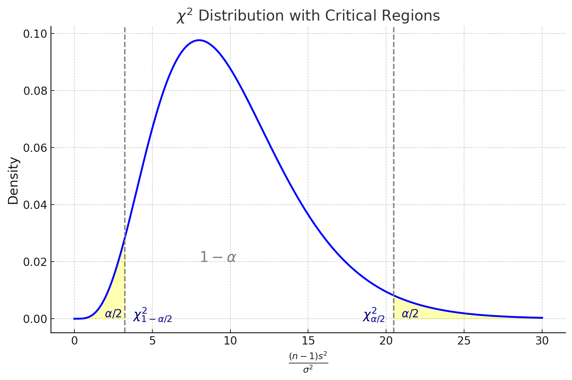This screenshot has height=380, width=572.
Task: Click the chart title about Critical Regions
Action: (x=308, y=16)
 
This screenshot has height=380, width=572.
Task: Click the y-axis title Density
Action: (x=14, y=181)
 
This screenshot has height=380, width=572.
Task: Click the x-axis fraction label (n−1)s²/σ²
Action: (x=308, y=362)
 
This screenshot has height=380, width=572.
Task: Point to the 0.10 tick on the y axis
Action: (x=37, y=34)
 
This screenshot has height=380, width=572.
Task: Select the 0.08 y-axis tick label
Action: (x=37, y=91)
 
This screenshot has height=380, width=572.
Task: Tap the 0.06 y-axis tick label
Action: (x=37, y=148)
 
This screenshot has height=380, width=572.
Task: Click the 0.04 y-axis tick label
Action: (x=37, y=205)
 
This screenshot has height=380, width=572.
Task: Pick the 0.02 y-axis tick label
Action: (x=37, y=262)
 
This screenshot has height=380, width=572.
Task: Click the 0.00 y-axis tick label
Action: (x=37, y=319)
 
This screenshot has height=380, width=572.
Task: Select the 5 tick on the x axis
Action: (x=152, y=341)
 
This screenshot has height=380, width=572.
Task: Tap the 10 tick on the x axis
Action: (x=230, y=341)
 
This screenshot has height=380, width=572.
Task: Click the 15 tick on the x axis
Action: (x=308, y=341)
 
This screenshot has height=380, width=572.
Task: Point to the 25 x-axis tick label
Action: (x=464, y=341)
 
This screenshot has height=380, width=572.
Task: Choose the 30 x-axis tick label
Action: (x=542, y=341)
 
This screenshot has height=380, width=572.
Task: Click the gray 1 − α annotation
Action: (x=218, y=257)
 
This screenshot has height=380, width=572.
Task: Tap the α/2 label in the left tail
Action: (x=113, y=314)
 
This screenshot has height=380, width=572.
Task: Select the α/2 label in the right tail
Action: (x=410, y=313)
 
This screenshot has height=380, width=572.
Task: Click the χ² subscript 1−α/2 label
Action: (x=152, y=315)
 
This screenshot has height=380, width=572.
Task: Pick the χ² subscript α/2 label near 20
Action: (x=374, y=315)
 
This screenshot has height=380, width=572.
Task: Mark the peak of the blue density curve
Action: (x=199, y=40)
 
